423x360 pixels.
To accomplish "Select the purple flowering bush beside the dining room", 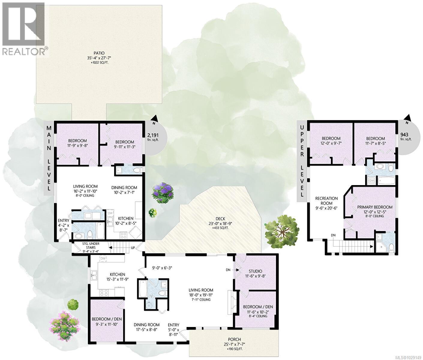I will (x=163, y=193).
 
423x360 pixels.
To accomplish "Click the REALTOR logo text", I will (x=25, y=51).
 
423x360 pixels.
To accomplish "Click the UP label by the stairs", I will (x=133, y=248).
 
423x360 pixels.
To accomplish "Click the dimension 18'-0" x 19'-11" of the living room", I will (x=201, y=295).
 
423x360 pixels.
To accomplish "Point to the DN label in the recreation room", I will (x=333, y=235).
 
